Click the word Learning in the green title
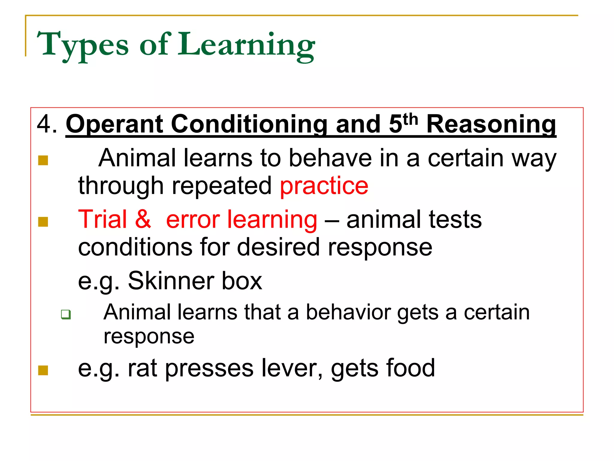click(246, 45)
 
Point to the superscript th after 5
click(410, 119)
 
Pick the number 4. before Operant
click(46, 124)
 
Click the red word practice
click(324, 186)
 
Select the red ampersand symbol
click(143, 219)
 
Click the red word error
click(193, 219)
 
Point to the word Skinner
click(171, 281)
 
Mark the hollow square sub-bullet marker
click(66, 315)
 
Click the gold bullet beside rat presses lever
click(43, 370)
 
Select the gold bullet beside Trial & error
click(43, 222)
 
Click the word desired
click(279, 247)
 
